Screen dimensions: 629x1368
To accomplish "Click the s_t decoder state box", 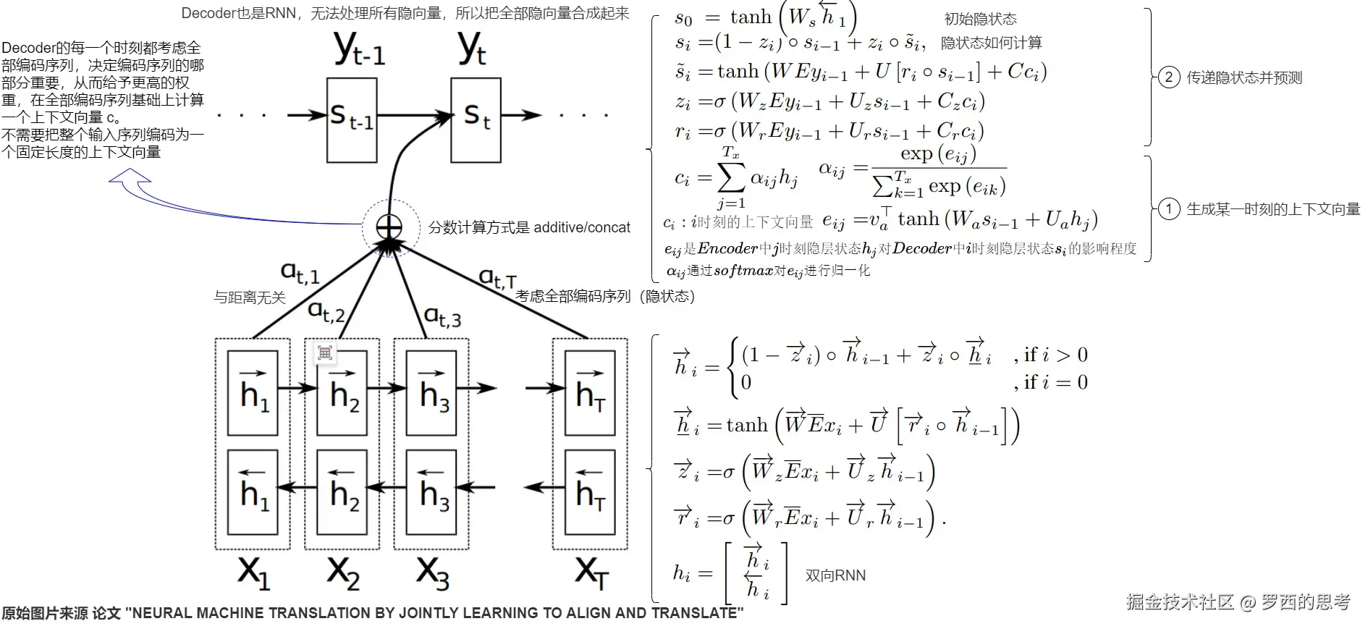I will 476,119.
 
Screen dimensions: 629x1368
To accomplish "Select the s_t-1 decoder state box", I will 352,119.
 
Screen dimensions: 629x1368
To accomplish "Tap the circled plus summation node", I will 389,227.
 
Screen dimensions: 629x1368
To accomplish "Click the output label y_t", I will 473,49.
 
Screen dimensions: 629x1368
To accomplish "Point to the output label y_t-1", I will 359,49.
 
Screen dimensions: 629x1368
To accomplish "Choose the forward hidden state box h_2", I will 343,393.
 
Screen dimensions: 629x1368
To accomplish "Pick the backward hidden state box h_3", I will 432,492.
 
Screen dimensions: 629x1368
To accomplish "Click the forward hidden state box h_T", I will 590,393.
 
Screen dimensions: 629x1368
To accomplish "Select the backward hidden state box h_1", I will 253,492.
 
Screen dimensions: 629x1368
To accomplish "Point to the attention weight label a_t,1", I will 300,273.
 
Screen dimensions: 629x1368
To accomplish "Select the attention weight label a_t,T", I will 498,278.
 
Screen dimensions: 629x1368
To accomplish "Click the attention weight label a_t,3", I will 442,316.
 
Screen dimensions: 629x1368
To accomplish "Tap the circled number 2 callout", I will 1169,77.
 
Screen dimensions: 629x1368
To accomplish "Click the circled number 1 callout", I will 1169,209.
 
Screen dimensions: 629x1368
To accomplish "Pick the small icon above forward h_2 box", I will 324,353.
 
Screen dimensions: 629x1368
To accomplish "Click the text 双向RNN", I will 835,575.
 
